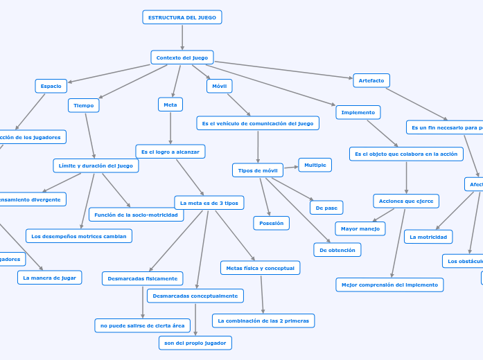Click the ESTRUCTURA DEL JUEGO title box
click(x=182, y=17)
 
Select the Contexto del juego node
click(x=182, y=57)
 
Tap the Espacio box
click(x=51, y=86)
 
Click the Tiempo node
click(x=84, y=105)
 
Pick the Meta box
click(x=170, y=105)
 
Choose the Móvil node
click(x=220, y=86)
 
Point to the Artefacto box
click(x=371, y=80)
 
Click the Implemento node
click(x=358, y=112)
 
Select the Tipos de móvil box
click(x=258, y=170)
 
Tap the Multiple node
click(x=315, y=165)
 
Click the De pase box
click(x=326, y=208)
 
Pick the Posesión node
click(x=272, y=223)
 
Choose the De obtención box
click(x=337, y=250)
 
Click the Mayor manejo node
click(x=360, y=228)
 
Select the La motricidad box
click(x=428, y=237)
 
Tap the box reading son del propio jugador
click(x=195, y=343)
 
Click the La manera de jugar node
click(x=50, y=278)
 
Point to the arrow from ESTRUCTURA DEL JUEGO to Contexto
click(x=182, y=37)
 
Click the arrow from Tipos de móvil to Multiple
click(x=290, y=167)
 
